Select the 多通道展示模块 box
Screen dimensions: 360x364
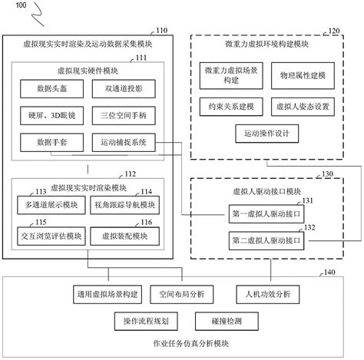click(51, 206)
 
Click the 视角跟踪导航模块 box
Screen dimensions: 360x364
click(122, 206)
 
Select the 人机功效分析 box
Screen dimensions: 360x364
click(263, 293)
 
